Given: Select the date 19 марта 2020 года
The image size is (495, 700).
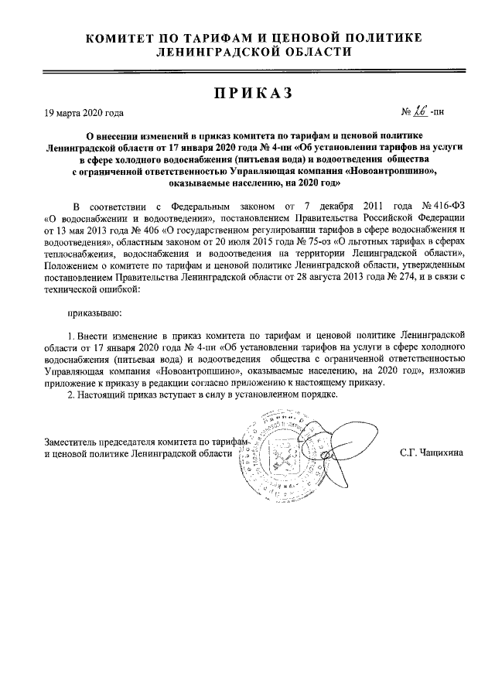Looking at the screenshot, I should (84, 112).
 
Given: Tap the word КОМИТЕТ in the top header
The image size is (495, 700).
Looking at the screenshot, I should (125, 38).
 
